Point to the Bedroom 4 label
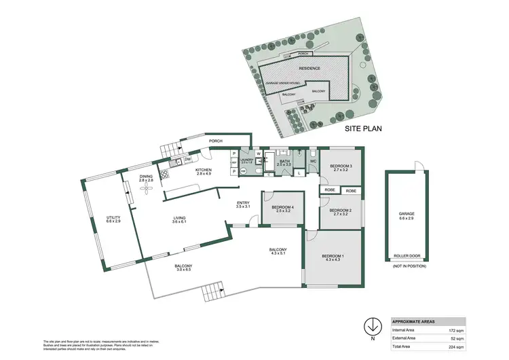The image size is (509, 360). point(282,209)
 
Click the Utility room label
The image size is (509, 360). point(113,219)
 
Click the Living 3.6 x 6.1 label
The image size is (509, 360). point(179,219)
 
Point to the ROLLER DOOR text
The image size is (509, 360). point(407,256)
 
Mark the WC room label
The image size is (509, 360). point(314,161)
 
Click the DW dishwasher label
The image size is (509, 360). point(187,160)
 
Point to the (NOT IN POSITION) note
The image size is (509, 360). point(407,267)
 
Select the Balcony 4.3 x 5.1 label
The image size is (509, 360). point(279,251)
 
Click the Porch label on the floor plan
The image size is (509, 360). point(216,141)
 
